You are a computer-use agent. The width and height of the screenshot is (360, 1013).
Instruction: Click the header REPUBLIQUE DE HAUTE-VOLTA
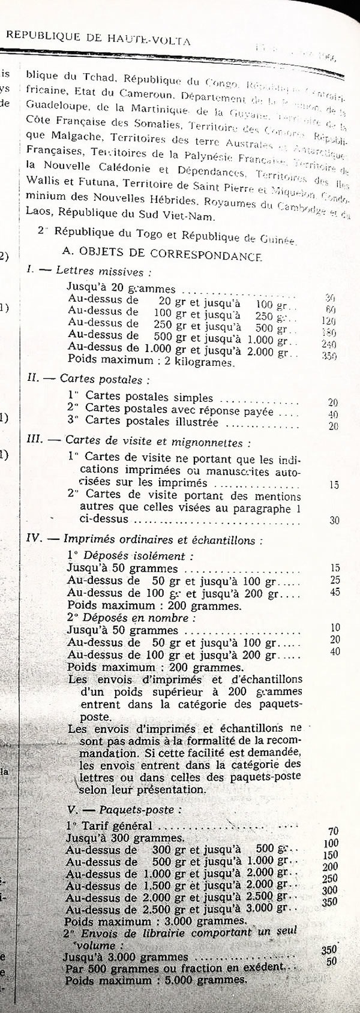99,40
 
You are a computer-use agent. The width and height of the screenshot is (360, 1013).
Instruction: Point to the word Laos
36,211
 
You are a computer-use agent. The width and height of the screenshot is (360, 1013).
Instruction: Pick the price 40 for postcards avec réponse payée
333,414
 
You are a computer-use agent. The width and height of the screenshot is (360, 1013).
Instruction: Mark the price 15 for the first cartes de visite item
335,485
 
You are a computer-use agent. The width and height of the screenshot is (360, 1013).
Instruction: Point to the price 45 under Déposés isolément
335,592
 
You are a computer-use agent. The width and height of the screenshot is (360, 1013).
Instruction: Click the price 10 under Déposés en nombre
335,628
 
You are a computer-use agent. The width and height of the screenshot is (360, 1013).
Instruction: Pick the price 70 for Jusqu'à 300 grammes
334,831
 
